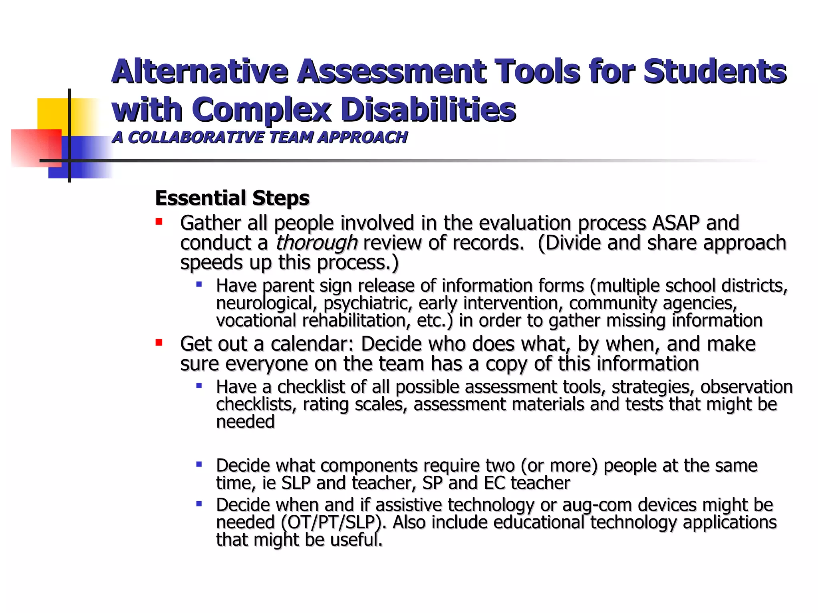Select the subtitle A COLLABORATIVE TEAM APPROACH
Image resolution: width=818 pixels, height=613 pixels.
pos(260,137)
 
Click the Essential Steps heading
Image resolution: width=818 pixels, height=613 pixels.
pos(232,198)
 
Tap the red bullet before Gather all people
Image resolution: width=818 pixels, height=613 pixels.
pos(159,221)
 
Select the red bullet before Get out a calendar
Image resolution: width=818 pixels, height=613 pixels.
pos(159,342)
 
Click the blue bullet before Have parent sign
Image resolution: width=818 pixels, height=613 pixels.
pos(199,285)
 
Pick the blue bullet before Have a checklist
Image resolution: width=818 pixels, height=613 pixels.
pos(199,386)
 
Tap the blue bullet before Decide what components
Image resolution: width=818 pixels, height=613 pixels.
pos(199,464)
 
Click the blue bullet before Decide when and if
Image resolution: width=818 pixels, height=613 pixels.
pos(199,504)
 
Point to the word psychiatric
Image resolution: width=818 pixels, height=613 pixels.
pos(367,303)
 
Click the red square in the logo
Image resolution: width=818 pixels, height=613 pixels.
pos(36,148)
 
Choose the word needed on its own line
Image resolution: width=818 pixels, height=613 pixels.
pos(245,422)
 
